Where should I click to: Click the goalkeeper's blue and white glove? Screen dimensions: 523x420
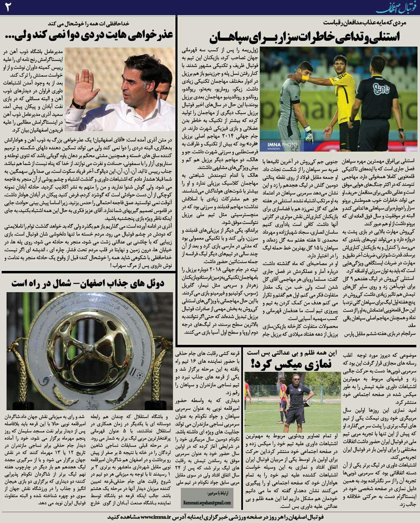pos(308,135)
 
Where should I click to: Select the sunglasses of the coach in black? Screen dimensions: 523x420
pos(296,379)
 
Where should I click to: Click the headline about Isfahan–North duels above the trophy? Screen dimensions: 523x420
pos(88,283)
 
